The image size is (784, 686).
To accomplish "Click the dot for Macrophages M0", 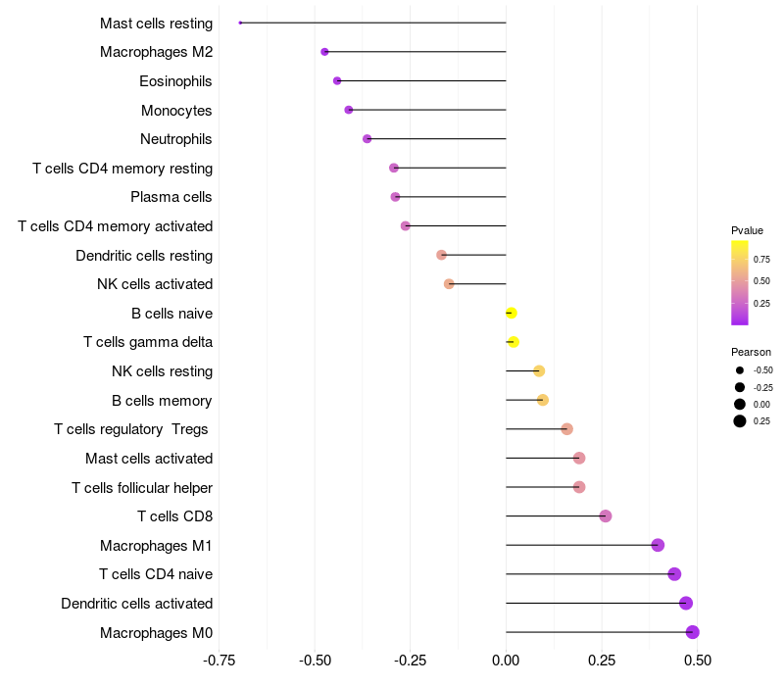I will [x=693, y=632].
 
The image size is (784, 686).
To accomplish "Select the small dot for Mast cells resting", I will [x=240, y=23].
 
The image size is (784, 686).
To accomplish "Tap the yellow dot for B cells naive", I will [x=511, y=314].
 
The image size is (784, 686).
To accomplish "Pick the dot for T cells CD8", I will [x=606, y=516].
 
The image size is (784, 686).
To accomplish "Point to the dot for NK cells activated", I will [x=449, y=284].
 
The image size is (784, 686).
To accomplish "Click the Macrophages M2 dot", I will [x=324, y=52].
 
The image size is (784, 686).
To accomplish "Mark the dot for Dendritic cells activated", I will [x=686, y=604].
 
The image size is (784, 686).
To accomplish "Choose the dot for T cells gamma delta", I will [x=514, y=342].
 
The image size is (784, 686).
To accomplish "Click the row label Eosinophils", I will [x=175, y=81].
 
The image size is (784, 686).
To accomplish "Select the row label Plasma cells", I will [x=171, y=197].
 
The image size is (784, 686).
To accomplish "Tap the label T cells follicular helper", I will [x=142, y=487].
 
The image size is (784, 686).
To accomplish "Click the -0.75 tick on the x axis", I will [x=219, y=661].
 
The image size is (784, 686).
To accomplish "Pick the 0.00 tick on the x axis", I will [x=506, y=661].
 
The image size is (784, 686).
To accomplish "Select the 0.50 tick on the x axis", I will [x=697, y=661].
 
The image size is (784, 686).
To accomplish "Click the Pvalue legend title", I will [x=747, y=230].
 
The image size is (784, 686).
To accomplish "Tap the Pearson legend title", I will [x=751, y=352].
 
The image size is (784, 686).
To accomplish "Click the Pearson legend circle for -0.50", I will [x=740, y=370].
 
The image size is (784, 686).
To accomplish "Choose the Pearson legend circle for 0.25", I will [x=740, y=421].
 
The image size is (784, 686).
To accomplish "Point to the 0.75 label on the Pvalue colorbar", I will [x=761, y=259].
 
